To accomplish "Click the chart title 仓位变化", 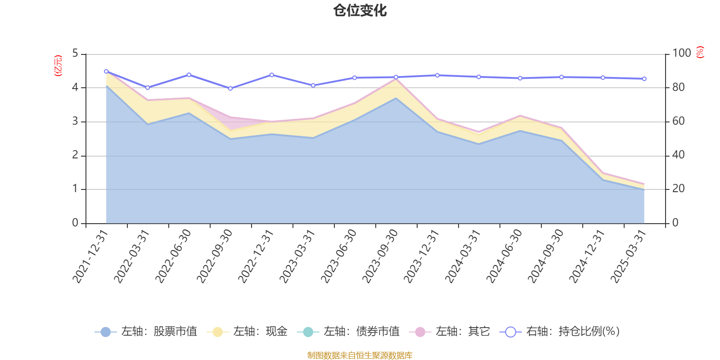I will point(360,10).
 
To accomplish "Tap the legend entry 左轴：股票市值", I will point(146,332).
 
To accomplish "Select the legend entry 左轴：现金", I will point(247,332).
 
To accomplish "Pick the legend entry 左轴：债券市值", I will point(348,332).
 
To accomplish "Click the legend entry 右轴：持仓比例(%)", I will point(560,332).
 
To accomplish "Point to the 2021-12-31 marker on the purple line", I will point(106,71).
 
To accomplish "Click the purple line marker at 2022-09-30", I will point(230,88).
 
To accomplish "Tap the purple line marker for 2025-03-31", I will point(644,79).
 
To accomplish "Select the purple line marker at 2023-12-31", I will point(437,75).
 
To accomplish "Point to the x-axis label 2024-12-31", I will point(588,256).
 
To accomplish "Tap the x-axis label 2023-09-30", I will point(381,256).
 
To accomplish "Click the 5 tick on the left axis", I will point(75,54).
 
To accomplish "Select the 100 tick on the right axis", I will point(681,53).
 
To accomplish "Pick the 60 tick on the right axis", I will point(679,121).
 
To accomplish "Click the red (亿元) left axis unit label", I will point(58,66).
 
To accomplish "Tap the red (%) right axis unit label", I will point(700,52).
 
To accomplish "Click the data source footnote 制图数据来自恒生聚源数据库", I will point(360,355).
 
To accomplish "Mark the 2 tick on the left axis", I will point(75,155).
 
